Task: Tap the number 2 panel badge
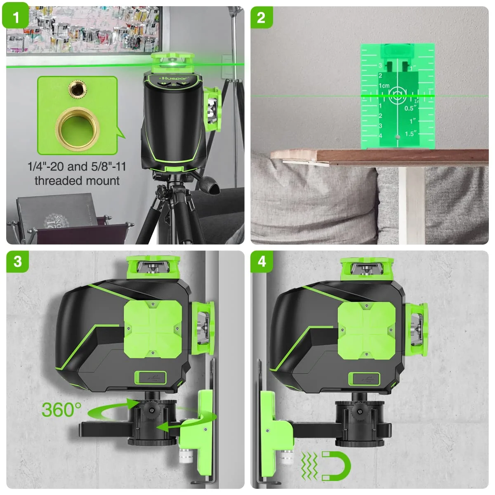click(x=261, y=17)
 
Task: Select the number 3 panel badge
click(x=17, y=262)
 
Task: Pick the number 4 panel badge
click(x=262, y=262)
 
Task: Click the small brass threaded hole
click(x=75, y=88)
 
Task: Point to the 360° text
click(x=61, y=410)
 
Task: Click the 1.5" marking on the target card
click(x=409, y=133)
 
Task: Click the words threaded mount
click(x=77, y=181)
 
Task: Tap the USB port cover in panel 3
click(x=150, y=377)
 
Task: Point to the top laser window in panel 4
click(x=365, y=269)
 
